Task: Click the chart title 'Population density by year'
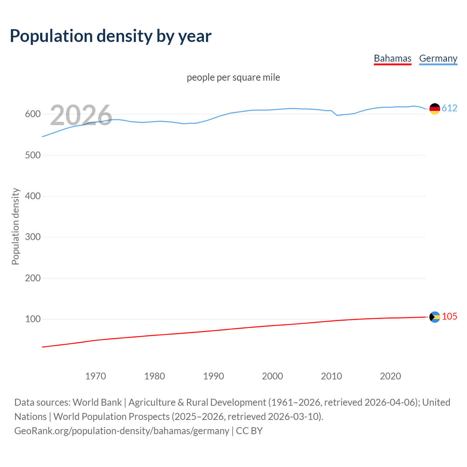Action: click(111, 36)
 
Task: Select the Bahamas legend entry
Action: click(393, 58)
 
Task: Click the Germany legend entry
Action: click(438, 58)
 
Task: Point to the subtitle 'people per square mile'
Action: click(233, 77)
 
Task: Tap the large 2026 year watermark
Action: click(81, 115)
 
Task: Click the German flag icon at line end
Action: click(435, 109)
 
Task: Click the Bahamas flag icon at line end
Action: click(435, 317)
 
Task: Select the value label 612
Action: click(449, 108)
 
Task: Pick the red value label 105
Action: click(449, 317)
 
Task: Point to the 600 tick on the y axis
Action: click(33, 114)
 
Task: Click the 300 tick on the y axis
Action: click(33, 237)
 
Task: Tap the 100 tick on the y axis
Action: click(33, 319)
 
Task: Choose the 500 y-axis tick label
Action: click(33, 155)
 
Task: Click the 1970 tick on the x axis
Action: click(96, 376)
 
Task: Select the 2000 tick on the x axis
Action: click(273, 376)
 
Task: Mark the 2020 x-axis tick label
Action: click(390, 376)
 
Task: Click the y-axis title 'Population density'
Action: click(15, 226)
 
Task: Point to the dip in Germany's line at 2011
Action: click(337, 115)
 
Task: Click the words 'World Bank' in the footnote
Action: click(97, 402)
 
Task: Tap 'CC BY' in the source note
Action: click(249, 431)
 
